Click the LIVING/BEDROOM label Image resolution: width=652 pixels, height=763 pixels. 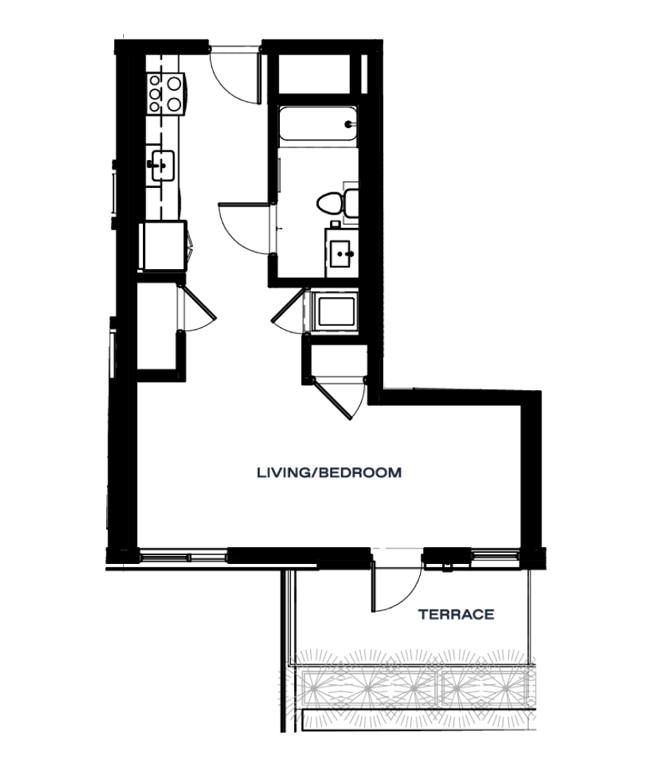(x=329, y=472)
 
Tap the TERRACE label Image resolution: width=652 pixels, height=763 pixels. (x=455, y=614)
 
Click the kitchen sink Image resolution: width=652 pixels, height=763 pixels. (x=162, y=165)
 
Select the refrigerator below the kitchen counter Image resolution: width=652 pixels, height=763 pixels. (x=164, y=245)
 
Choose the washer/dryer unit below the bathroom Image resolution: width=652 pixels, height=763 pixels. (x=335, y=311)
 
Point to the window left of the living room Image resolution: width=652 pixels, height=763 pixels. (x=183, y=555)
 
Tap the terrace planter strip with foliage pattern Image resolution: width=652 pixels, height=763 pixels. (x=413, y=686)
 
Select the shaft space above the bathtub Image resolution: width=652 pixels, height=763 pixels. (x=315, y=74)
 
